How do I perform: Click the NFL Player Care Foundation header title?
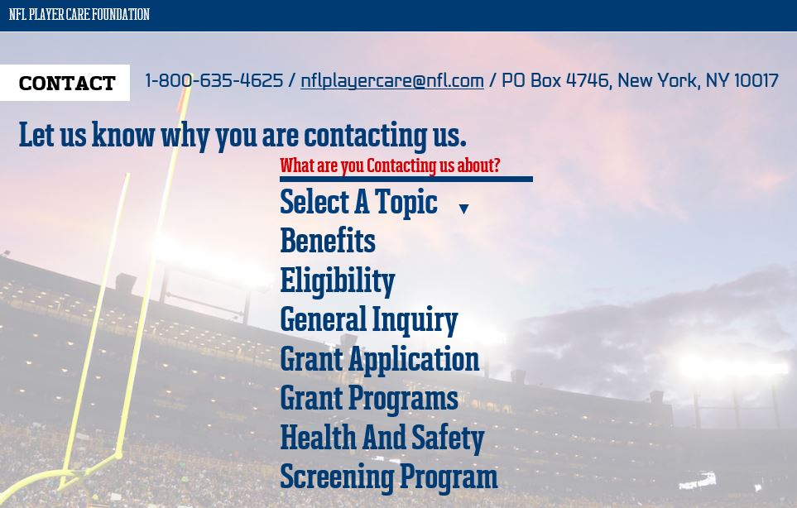79,14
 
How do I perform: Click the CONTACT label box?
65,83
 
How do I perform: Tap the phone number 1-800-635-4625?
214,80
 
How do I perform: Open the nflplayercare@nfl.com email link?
392,81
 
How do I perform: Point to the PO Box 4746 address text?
556,80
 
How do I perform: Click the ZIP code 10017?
756,80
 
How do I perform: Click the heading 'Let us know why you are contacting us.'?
242,136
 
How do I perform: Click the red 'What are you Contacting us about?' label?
390,165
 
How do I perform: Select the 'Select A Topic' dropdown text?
358,202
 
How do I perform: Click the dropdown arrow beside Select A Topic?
463,208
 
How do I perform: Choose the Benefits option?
328,241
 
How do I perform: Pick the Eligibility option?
338,281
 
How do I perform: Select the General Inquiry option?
369,320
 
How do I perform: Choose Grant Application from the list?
380,360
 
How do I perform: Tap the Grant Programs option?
369,399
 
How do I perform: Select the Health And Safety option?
382,438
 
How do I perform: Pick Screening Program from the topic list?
389,477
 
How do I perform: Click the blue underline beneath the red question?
406,179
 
